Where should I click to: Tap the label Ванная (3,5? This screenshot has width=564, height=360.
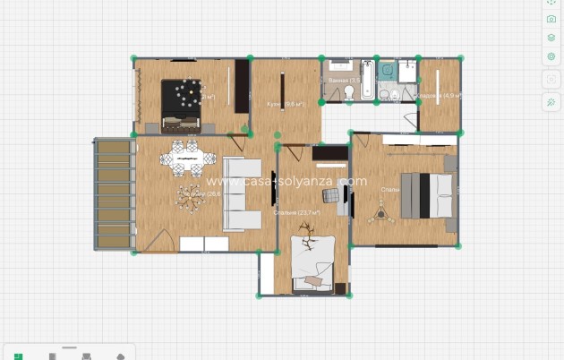tap(343, 81)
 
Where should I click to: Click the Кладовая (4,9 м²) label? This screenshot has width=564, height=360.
tap(438, 95)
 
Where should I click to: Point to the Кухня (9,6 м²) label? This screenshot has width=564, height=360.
tap(286, 104)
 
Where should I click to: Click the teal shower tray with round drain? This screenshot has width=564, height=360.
tap(388, 68)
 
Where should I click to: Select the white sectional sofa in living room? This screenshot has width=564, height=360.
tap(240, 193)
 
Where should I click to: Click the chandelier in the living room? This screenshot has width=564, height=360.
tap(190, 198)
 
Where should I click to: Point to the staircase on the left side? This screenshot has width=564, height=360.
tap(114, 193)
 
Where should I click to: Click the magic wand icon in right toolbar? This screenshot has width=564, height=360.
tap(551, 102)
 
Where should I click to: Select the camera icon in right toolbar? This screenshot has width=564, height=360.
tap(551, 19)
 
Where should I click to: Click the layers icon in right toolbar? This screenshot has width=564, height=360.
tap(551, 38)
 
